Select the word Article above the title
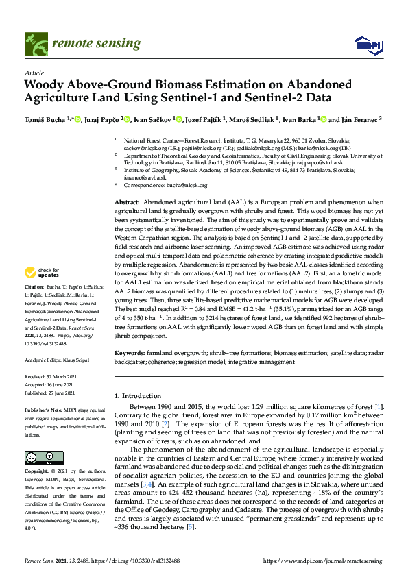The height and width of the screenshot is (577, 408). tap(34, 72)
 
